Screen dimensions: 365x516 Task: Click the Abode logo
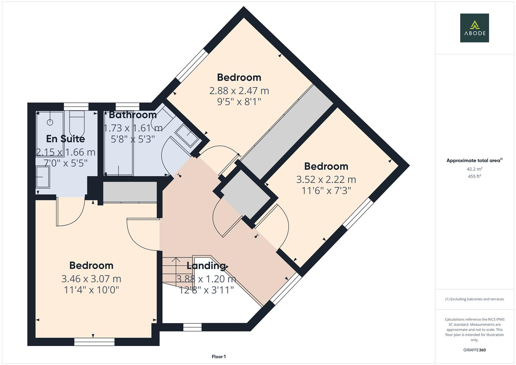pos(474,28)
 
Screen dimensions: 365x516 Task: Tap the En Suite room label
pos(65,139)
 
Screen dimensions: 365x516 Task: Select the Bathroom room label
pos(132,115)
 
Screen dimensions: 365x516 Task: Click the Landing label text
pos(206,266)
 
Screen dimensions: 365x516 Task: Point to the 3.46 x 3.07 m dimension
pos(91,279)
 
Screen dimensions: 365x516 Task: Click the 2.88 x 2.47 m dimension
pos(239,91)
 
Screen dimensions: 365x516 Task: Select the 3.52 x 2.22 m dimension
pos(326,179)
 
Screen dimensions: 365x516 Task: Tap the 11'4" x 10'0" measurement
pos(91,290)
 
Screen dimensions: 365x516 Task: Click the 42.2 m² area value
pos(474,169)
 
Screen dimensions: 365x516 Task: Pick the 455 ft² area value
pos(474,176)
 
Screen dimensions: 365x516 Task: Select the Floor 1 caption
pos(219,357)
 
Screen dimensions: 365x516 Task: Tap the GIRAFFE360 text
pos(474,350)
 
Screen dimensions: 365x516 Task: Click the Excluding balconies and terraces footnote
pos(474,299)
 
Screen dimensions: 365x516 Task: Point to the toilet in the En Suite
pos(77,123)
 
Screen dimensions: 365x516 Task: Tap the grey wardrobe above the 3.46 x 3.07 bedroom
pos(130,192)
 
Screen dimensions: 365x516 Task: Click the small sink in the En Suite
pos(43,176)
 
